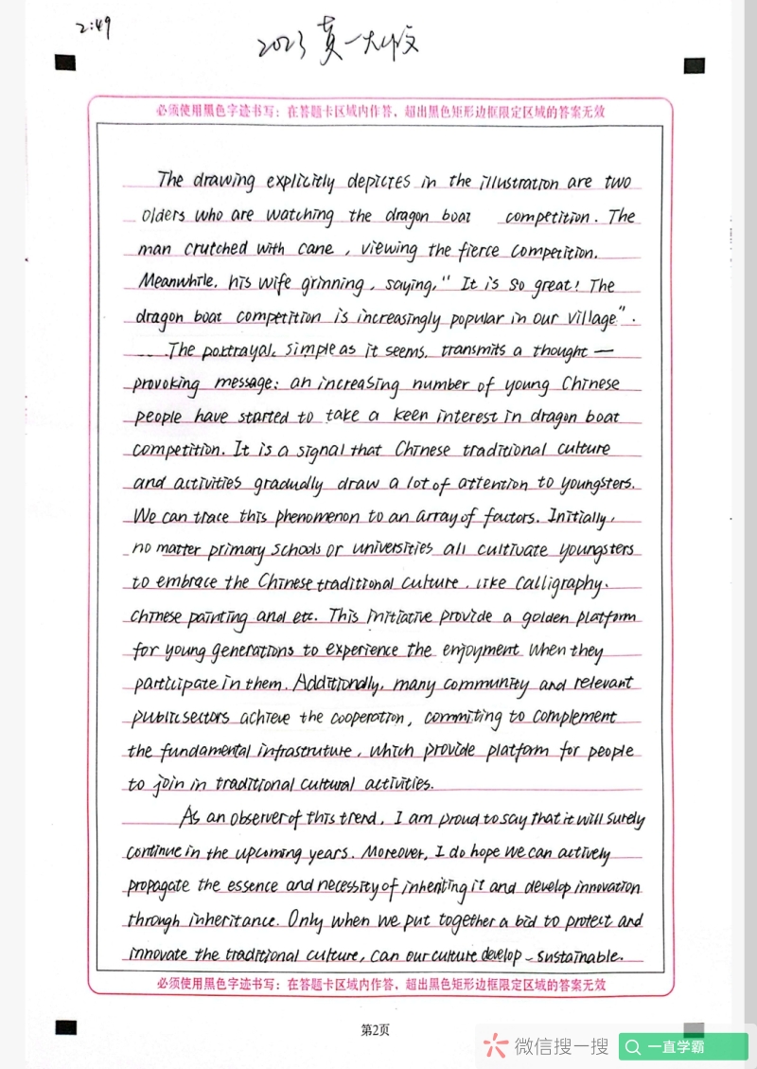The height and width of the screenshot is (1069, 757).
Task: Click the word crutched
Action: (x=216, y=249)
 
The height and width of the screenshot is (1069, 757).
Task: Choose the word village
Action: (x=581, y=318)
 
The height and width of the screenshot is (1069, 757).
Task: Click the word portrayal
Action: (x=225, y=349)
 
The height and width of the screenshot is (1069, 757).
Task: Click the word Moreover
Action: (x=391, y=853)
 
